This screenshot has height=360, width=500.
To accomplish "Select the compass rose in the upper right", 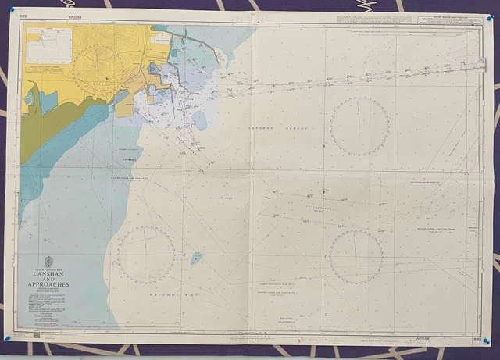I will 359,126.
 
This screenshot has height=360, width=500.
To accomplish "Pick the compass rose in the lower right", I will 355,257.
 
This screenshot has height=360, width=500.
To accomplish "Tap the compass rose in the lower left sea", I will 146,255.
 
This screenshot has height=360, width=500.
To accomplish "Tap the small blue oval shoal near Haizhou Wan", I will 197,257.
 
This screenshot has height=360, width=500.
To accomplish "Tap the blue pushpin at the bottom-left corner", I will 7,338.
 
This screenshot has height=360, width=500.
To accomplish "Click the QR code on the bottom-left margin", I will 36,334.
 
